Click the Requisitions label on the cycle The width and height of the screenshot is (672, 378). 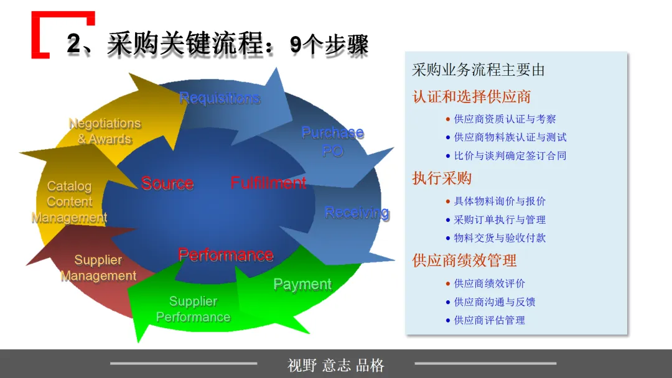(x=219, y=98)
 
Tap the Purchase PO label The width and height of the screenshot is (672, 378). (x=332, y=142)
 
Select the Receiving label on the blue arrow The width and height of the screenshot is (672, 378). (x=357, y=213)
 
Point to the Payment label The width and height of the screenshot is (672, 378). (x=302, y=284)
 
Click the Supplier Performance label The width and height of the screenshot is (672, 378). (x=193, y=309)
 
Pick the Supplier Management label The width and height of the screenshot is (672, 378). (x=98, y=268)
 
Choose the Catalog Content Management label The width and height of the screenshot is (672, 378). (x=69, y=202)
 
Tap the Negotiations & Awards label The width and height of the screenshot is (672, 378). (x=105, y=131)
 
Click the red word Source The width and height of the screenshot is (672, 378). (x=167, y=183)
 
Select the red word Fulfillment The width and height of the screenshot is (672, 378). (x=268, y=183)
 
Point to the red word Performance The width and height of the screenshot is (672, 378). (x=225, y=255)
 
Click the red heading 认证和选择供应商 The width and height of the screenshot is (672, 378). (x=471, y=97)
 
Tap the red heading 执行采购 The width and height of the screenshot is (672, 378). (x=442, y=178)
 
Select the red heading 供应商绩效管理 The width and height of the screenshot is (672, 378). (x=464, y=260)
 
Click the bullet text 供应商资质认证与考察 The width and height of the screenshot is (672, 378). (x=505, y=119)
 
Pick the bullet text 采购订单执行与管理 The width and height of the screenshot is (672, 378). (x=500, y=219)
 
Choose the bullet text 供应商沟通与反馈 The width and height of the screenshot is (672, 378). (x=495, y=302)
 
